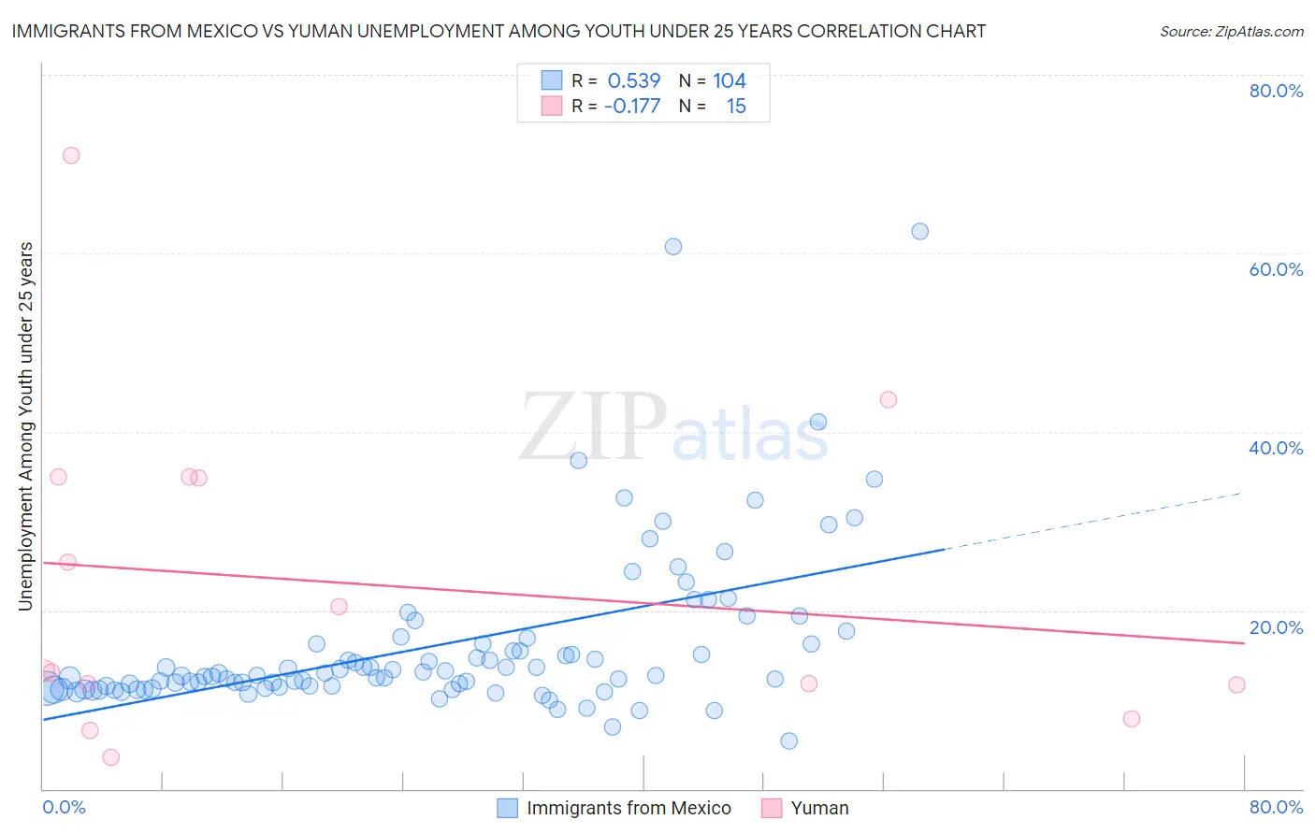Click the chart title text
click(499, 32)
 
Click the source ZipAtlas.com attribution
click(1231, 32)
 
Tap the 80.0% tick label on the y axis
click(1276, 91)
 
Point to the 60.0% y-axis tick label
click(1276, 269)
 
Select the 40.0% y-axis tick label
click(1276, 448)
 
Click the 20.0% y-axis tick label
click(1276, 627)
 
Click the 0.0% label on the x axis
click(64, 807)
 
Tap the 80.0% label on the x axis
click(1276, 807)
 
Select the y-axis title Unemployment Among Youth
click(26, 426)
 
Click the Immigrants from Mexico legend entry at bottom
click(628, 808)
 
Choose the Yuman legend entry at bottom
click(819, 808)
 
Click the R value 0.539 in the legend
click(634, 81)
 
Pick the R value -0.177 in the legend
click(632, 107)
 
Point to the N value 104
click(730, 81)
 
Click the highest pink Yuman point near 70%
click(71, 155)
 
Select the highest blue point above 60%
click(919, 231)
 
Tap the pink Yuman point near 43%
click(889, 399)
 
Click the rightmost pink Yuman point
click(1236, 684)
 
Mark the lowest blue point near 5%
click(788, 741)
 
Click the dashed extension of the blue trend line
click(1094, 521)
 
